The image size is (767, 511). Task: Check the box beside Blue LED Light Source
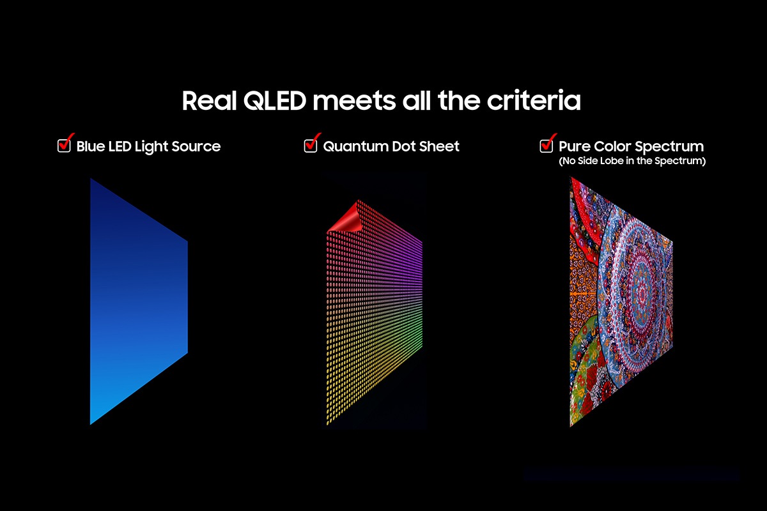65,145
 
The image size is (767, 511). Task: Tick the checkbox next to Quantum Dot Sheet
311,145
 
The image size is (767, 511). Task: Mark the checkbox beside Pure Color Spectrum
546,145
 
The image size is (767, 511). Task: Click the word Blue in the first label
91,146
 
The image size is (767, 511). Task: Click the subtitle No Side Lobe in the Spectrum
632,162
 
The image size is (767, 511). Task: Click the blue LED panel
134,300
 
